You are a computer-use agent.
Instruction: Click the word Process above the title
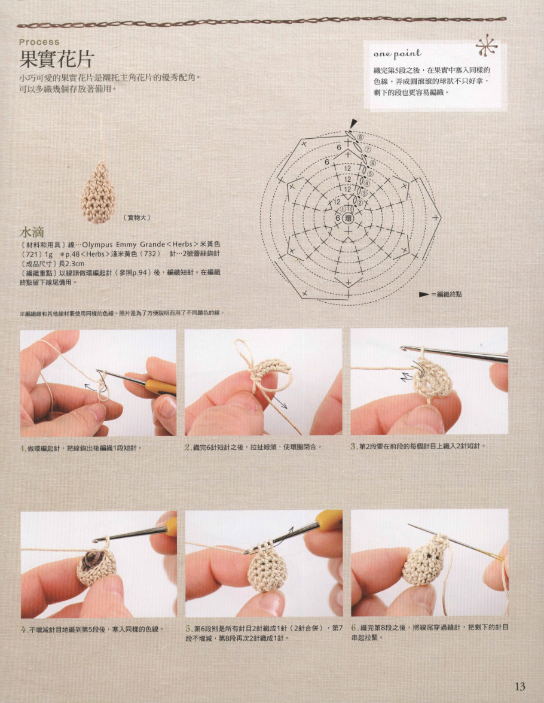39,42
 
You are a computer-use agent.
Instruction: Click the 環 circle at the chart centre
349,219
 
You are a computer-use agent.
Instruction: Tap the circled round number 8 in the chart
360,136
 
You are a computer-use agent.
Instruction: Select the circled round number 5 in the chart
369,174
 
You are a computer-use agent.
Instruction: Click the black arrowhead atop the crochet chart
353,123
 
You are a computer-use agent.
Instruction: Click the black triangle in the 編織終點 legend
424,294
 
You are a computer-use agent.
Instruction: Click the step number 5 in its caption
188,628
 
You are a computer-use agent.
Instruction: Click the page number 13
519,686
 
